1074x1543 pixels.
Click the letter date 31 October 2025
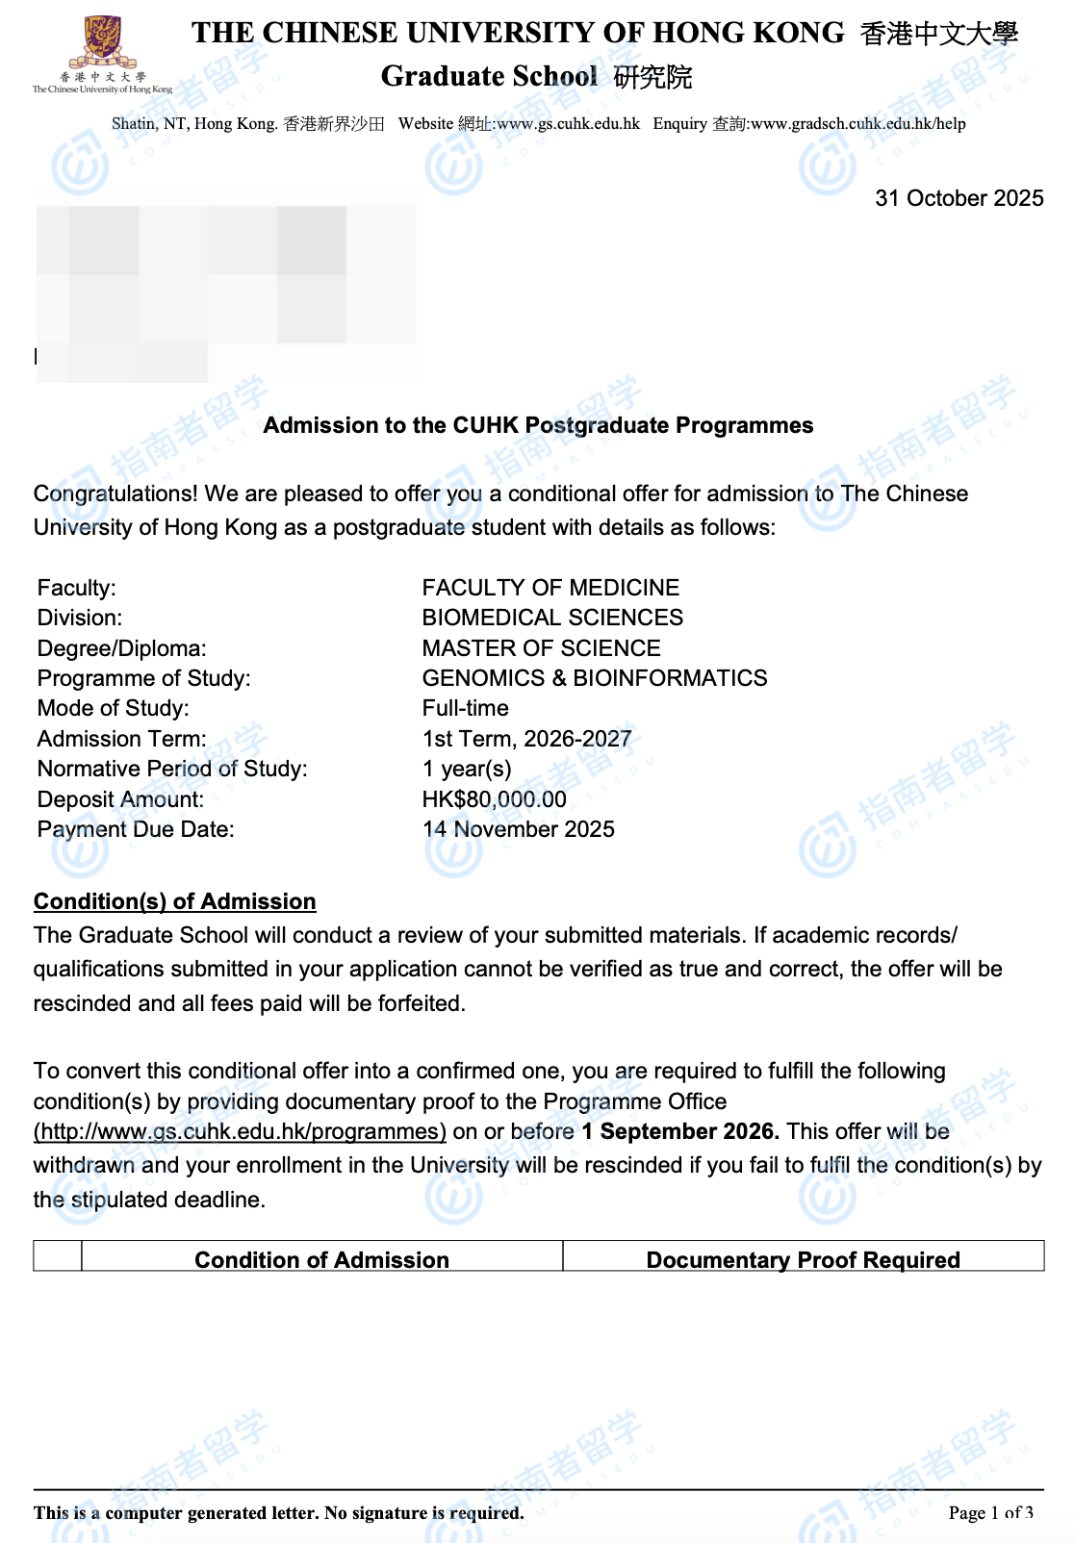pyautogui.click(x=959, y=198)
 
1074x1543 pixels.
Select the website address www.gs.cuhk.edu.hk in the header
pyautogui.click(x=568, y=123)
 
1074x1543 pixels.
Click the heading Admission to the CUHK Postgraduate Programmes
pyautogui.click(x=538, y=425)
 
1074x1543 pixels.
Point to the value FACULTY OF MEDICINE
pyautogui.click(x=550, y=588)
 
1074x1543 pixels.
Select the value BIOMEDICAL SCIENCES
pyautogui.click(x=552, y=618)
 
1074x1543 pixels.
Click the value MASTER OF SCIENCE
pyautogui.click(x=541, y=648)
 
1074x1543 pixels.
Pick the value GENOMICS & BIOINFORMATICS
pyautogui.click(x=594, y=678)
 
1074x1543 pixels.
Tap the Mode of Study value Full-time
pyautogui.click(x=465, y=708)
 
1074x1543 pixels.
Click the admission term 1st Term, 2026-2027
pyautogui.click(x=526, y=739)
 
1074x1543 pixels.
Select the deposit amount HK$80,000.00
pyautogui.click(x=494, y=799)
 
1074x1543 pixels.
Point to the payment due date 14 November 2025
pyautogui.click(x=518, y=829)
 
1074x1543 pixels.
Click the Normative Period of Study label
pyautogui.click(x=172, y=769)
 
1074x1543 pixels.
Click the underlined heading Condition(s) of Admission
pyautogui.click(x=174, y=901)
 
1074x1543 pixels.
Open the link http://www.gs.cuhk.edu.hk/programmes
pyautogui.click(x=240, y=1131)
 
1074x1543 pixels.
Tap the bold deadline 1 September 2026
pyautogui.click(x=679, y=1131)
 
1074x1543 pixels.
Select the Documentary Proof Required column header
pyautogui.click(x=803, y=1259)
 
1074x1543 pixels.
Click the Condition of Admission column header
pyautogui.click(x=321, y=1259)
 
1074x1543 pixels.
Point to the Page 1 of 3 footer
pyautogui.click(x=990, y=1512)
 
